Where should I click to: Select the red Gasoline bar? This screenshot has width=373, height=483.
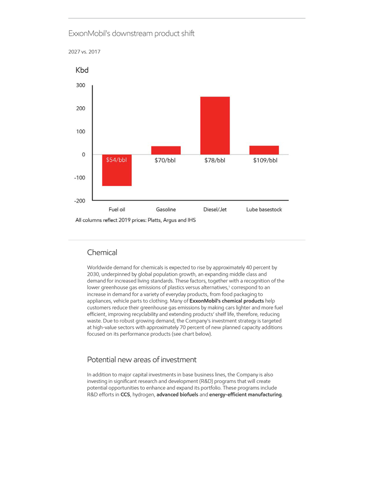click(x=166, y=150)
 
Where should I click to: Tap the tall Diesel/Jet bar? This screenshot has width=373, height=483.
click(x=215, y=126)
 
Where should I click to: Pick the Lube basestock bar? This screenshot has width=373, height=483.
click(x=264, y=150)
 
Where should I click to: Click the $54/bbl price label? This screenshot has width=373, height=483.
click(x=116, y=160)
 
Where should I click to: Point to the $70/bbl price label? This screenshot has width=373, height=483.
click(x=165, y=160)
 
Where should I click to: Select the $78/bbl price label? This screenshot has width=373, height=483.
click(x=215, y=160)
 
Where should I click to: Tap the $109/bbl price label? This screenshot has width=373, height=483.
click(x=265, y=160)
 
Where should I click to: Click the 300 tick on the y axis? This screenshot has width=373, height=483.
click(x=80, y=85)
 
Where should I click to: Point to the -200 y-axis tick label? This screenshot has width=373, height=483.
click(x=79, y=200)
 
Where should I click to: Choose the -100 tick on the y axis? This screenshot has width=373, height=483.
click(x=79, y=178)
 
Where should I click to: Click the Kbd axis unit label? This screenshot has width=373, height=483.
click(x=82, y=71)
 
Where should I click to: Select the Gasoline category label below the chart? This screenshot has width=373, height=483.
click(x=166, y=210)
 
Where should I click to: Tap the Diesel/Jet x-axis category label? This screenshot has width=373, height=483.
click(x=215, y=210)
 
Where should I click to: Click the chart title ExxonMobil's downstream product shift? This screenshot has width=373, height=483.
click(x=131, y=34)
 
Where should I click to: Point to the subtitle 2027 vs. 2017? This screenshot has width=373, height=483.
click(x=84, y=52)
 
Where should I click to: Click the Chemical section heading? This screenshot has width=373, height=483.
click(x=102, y=253)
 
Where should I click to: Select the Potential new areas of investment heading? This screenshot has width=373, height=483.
click(x=141, y=360)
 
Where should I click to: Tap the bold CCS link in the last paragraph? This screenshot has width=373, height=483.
click(x=125, y=395)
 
